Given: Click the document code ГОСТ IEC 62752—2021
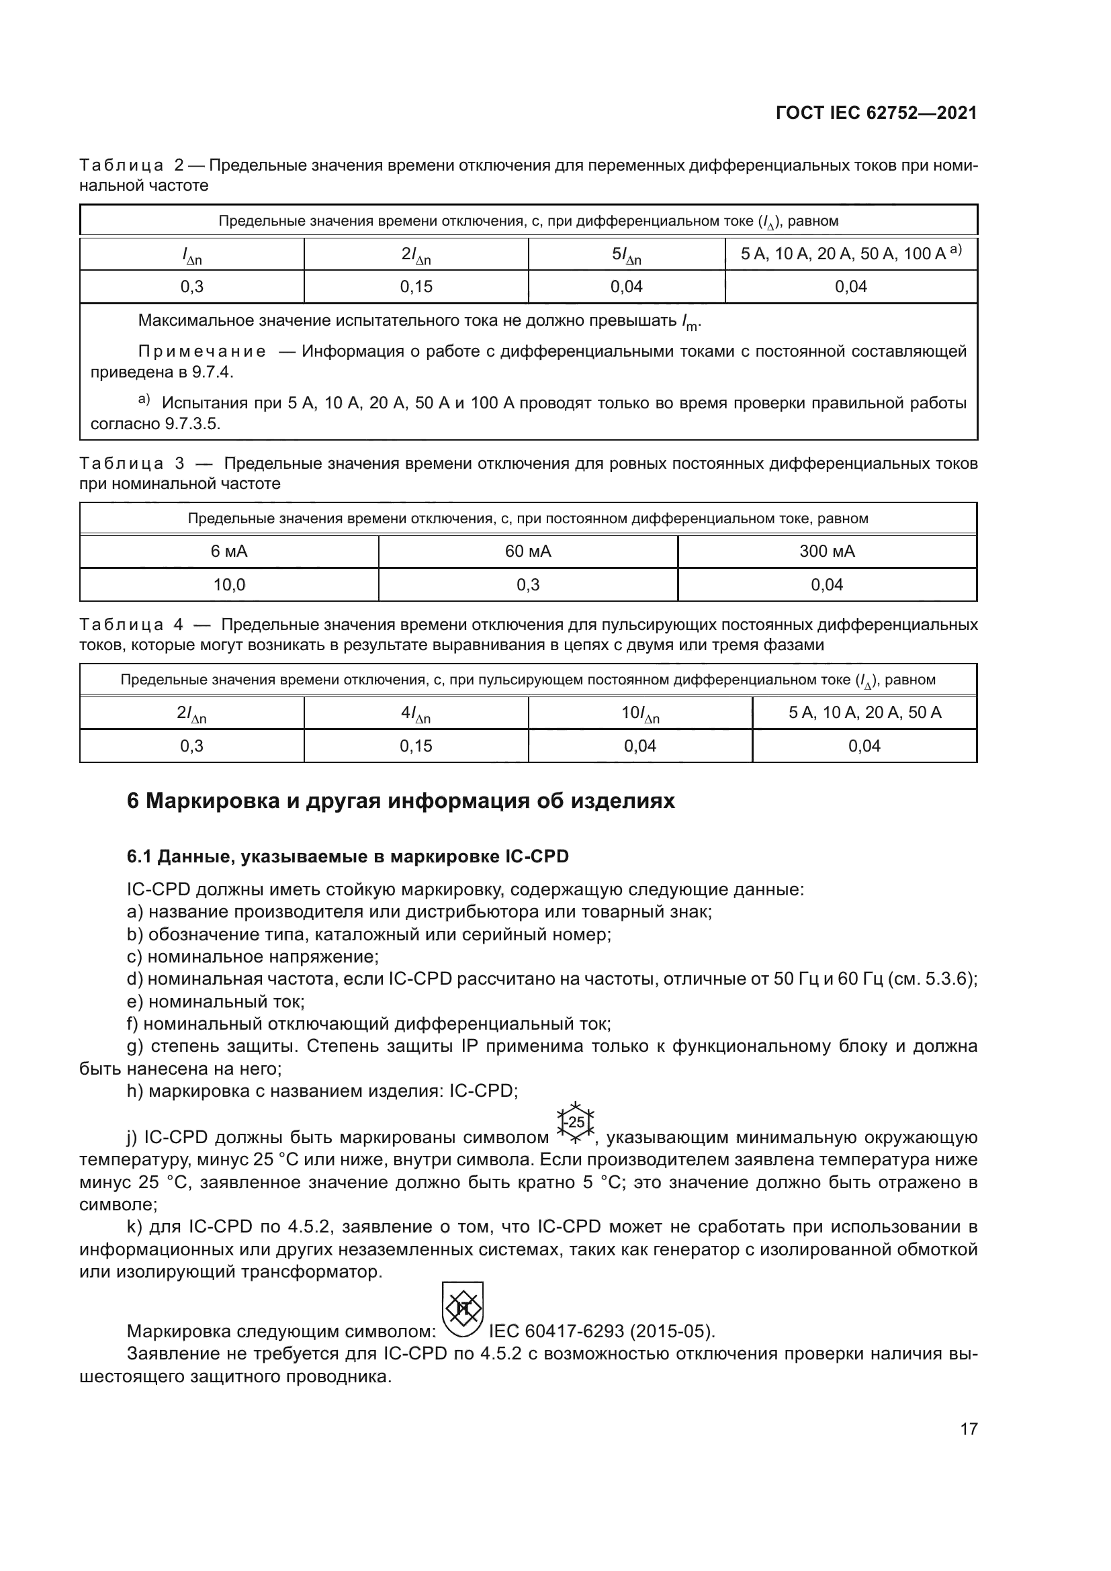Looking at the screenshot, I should click(x=876, y=113).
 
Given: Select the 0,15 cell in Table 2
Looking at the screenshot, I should click(x=416, y=287).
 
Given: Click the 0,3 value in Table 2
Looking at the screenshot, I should click(x=191, y=287).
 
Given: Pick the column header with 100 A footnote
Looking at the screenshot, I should click(x=850, y=254).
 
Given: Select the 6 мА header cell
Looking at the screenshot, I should click(x=228, y=551).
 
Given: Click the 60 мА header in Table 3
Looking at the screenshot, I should click(x=527, y=551).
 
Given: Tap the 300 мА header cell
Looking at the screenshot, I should click(x=826, y=551).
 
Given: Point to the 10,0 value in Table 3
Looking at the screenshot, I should click(x=228, y=585).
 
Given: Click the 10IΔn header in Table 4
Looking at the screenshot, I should click(x=639, y=714).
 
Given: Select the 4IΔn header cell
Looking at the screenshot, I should click(x=416, y=714).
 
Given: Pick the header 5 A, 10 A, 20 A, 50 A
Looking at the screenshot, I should click(x=864, y=713).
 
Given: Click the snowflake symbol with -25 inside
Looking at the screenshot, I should click(x=576, y=1123).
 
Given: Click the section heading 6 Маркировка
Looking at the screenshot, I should click(x=401, y=801).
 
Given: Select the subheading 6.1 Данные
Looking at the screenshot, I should click(x=347, y=856).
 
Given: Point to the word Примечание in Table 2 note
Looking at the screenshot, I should click(x=202, y=352).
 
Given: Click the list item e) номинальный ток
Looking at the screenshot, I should click(x=216, y=1001).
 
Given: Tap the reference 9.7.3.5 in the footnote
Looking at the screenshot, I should click(x=192, y=424).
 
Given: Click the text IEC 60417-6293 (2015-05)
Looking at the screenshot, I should click(x=602, y=1331).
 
